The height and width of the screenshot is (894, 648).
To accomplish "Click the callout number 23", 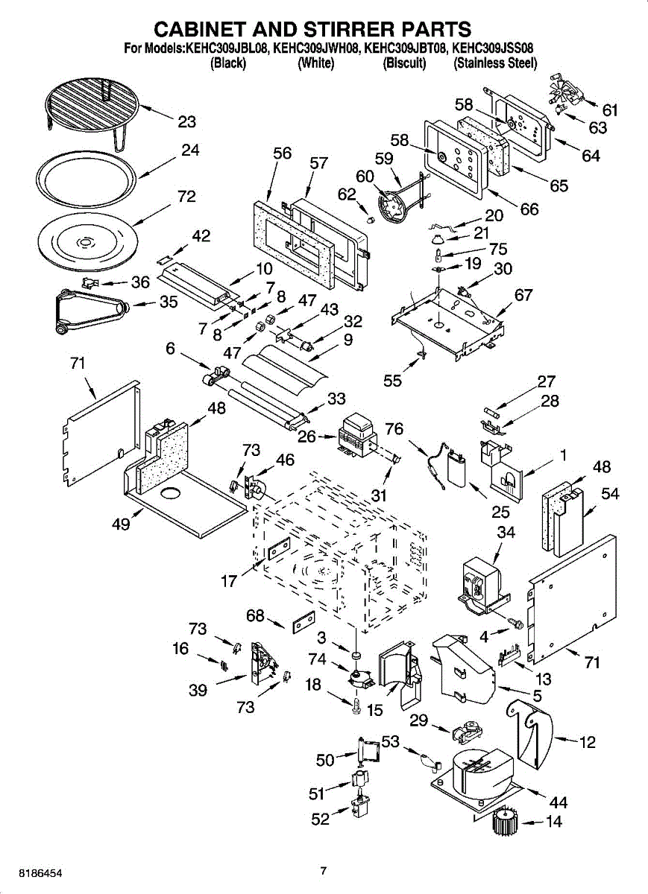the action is pos(186,121).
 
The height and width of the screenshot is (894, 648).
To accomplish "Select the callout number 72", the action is pos(186,197).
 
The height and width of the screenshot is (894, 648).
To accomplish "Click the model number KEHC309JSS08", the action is pos(492,48).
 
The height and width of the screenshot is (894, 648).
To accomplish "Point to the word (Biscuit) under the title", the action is pos(404,63).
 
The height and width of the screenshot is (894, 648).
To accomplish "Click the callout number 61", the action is pos(610,110).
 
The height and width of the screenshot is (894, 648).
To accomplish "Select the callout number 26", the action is pos(306,437).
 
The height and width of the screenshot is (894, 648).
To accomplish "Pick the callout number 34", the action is pos(506,533).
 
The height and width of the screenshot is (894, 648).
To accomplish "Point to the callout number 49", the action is pos(121,524).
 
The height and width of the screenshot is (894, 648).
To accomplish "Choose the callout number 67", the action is pos(523,295).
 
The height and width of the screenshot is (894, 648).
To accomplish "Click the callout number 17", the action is pos(229,581).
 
